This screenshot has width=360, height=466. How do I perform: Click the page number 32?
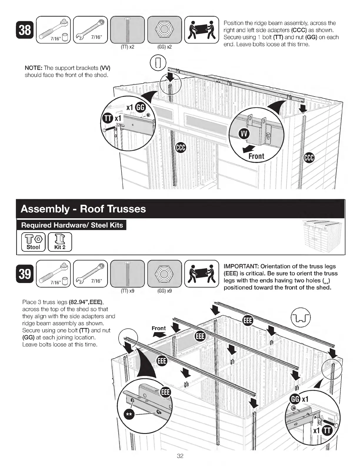(180, 456)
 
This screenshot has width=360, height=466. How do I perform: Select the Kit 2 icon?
(60, 242)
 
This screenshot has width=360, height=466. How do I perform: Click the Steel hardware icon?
(33, 242)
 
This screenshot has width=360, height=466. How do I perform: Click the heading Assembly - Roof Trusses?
(83, 209)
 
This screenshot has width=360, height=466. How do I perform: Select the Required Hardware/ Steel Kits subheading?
(72, 225)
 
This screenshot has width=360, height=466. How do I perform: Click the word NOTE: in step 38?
(34, 68)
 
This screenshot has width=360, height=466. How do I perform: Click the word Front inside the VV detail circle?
(256, 156)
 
